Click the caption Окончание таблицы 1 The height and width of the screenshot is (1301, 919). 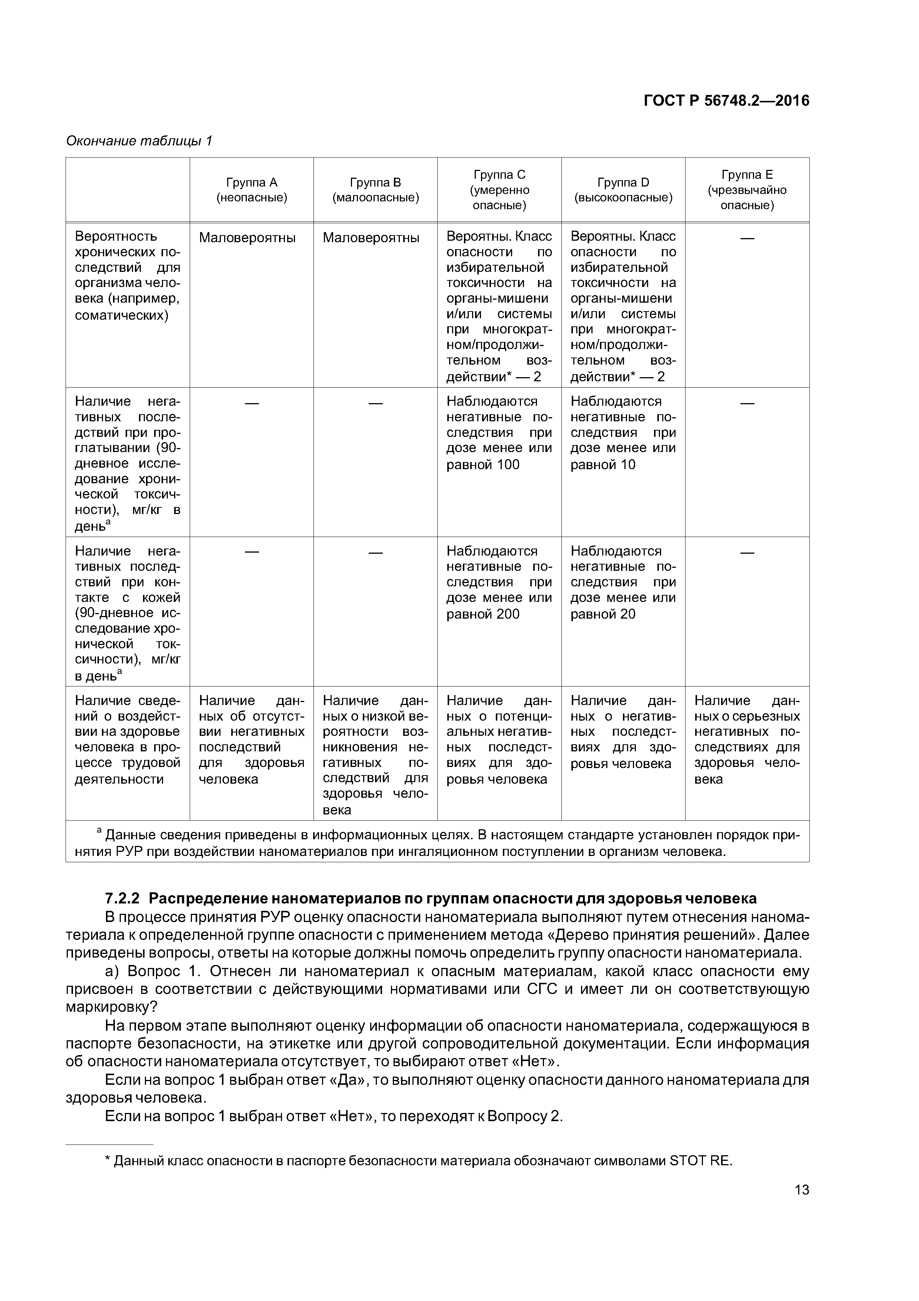click(139, 141)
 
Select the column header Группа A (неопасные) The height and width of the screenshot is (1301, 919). click(251, 190)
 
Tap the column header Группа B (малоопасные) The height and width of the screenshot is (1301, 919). click(375, 190)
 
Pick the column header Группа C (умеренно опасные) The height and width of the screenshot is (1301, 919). click(500, 190)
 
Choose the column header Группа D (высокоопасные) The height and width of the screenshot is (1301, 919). click(623, 190)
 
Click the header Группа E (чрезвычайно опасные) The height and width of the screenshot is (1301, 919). click(747, 190)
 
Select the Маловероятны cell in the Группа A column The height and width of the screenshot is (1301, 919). click(247, 237)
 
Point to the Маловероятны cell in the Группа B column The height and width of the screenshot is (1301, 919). click(371, 237)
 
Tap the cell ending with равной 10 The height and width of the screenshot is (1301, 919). click(623, 433)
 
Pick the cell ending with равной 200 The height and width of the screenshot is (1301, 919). click(500, 583)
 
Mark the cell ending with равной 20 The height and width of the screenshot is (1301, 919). click(623, 583)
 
